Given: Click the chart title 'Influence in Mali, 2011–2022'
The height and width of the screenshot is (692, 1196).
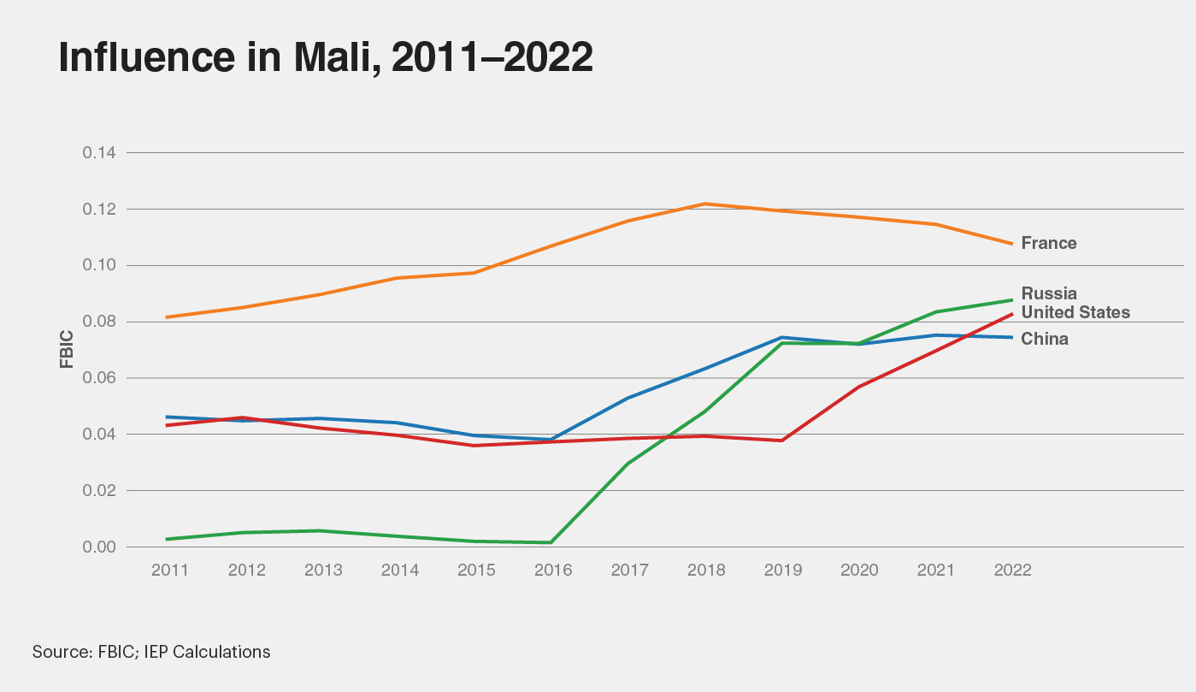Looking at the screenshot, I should (325, 57).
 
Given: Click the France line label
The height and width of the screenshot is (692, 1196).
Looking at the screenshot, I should (1049, 243).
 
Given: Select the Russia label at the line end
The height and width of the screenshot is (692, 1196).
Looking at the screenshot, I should (1049, 293).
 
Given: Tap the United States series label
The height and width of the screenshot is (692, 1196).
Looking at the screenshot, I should (1075, 312).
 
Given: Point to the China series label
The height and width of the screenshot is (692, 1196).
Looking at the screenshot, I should (1045, 339).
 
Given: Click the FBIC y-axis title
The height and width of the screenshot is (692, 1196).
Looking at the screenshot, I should (67, 349).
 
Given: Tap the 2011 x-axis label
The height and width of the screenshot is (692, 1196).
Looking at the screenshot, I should (169, 571).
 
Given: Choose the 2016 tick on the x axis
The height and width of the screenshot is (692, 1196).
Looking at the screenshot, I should (552, 571).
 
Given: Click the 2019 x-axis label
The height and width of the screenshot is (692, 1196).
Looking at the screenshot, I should (782, 571).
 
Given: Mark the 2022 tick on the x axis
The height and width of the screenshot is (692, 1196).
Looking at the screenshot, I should (1012, 571).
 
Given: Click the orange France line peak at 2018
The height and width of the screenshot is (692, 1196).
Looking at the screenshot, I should (705, 204).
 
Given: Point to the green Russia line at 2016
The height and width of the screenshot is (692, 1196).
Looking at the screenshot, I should (551, 542).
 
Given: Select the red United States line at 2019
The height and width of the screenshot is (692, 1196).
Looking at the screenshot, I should (782, 441).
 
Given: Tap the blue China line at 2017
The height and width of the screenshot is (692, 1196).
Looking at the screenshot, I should (628, 398).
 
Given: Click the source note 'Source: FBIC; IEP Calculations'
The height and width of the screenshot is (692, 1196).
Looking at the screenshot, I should (151, 652).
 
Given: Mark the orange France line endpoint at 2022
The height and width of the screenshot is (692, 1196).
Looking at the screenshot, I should (1012, 244).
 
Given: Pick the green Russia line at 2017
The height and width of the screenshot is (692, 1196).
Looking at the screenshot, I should (628, 464).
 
